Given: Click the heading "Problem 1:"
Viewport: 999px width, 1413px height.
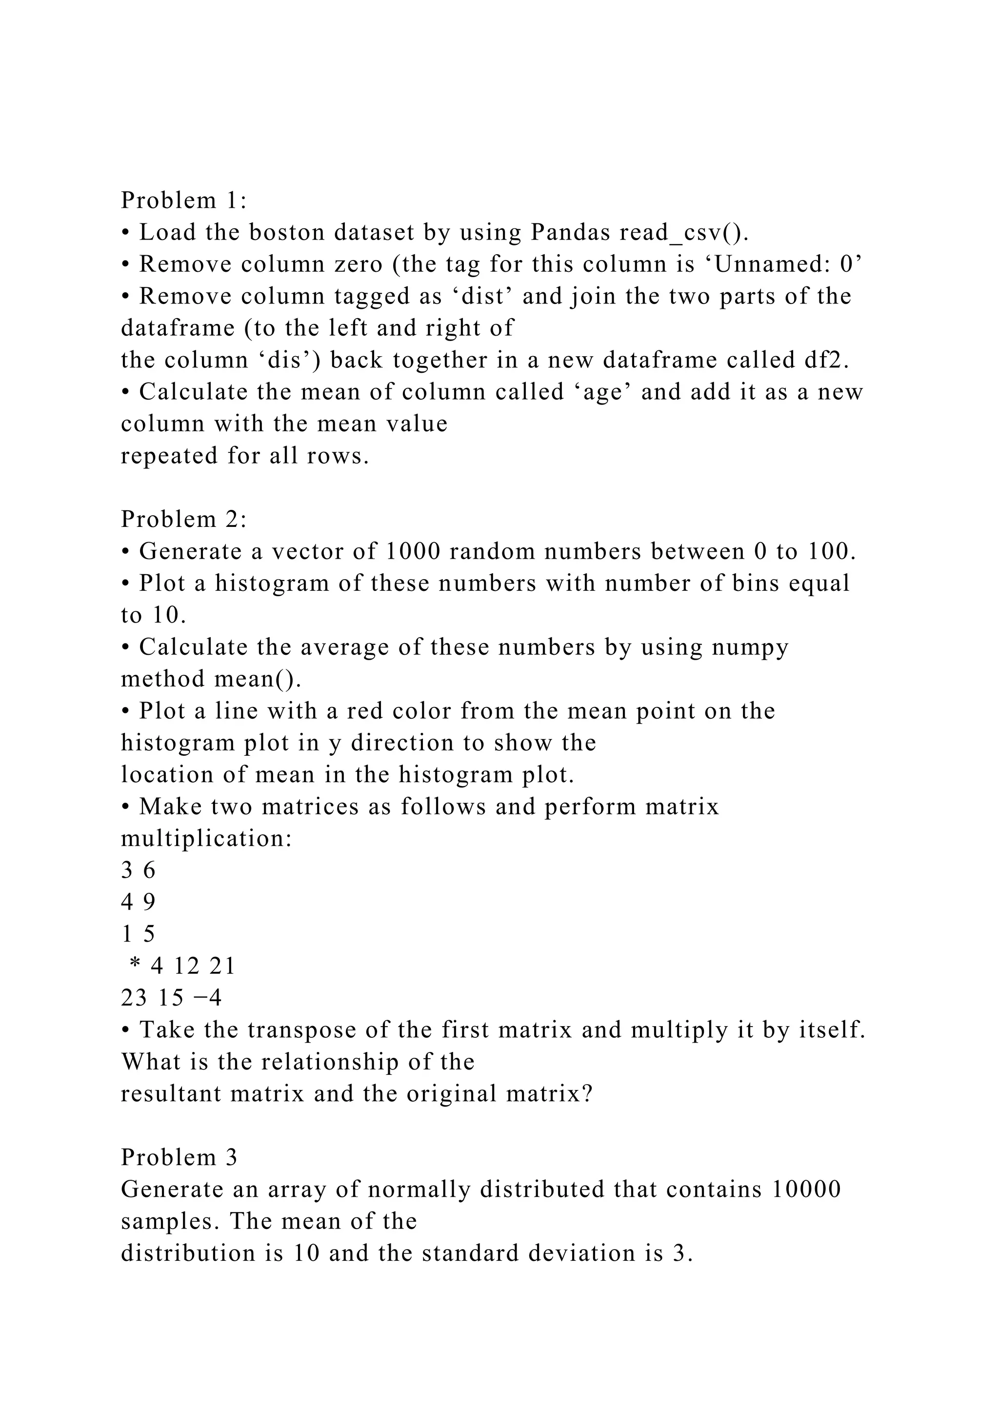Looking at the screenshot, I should (x=183, y=200).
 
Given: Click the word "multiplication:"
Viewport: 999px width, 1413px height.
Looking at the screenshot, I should (x=206, y=838).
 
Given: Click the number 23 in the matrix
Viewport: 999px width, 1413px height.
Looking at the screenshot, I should (x=134, y=998).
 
